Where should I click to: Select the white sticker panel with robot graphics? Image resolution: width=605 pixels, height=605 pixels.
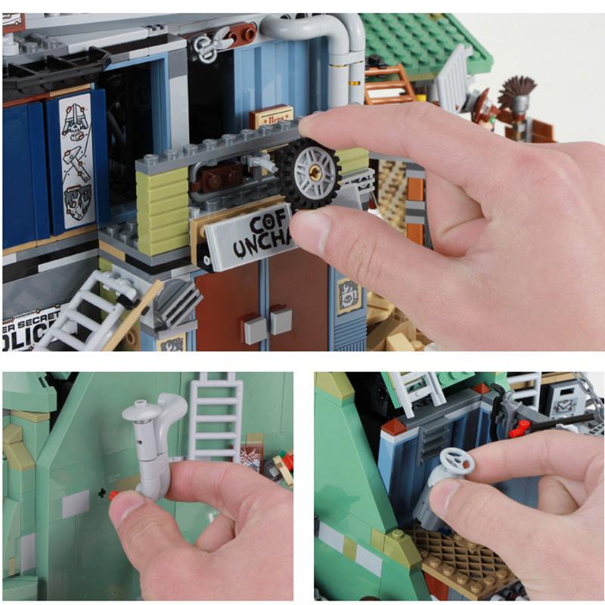point(76,160)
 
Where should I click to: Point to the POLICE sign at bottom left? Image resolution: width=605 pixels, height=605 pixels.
point(30,333)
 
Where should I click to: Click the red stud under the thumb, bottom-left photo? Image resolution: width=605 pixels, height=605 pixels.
point(113,495)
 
